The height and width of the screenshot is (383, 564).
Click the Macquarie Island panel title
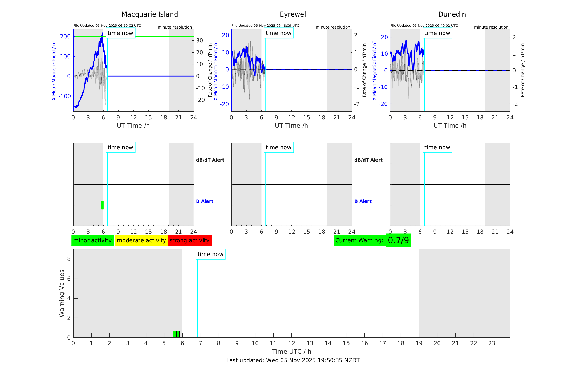click(x=150, y=14)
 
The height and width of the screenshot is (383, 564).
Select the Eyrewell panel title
click(x=294, y=14)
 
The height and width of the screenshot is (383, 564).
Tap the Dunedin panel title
click(x=452, y=14)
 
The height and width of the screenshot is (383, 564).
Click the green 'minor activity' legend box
click(x=92, y=240)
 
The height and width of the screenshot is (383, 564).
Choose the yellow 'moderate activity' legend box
click(x=141, y=240)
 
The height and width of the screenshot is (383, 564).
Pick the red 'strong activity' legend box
click(x=189, y=240)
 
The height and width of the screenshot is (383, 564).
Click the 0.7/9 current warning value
click(x=398, y=240)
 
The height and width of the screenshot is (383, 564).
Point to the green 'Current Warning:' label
click(x=359, y=240)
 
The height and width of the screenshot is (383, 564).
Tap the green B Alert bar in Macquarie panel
click(x=102, y=205)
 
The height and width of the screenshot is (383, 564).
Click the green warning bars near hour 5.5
click(x=176, y=334)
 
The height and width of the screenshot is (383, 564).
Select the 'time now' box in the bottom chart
click(x=210, y=254)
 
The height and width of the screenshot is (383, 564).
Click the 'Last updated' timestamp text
click(x=293, y=360)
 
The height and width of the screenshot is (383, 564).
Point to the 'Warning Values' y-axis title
click(x=62, y=293)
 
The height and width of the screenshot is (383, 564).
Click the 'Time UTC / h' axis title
click(x=291, y=352)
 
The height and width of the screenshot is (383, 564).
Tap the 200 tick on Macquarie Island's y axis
click(x=65, y=37)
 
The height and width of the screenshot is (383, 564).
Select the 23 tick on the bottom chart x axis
click(x=492, y=343)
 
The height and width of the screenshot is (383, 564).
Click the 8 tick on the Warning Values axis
click(x=69, y=259)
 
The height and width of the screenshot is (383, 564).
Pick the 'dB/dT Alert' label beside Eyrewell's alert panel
click(x=368, y=160)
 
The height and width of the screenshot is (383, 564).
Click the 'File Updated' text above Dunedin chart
click(x=424, y=26)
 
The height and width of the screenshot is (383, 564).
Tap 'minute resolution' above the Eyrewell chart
click(x=333, y=27)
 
